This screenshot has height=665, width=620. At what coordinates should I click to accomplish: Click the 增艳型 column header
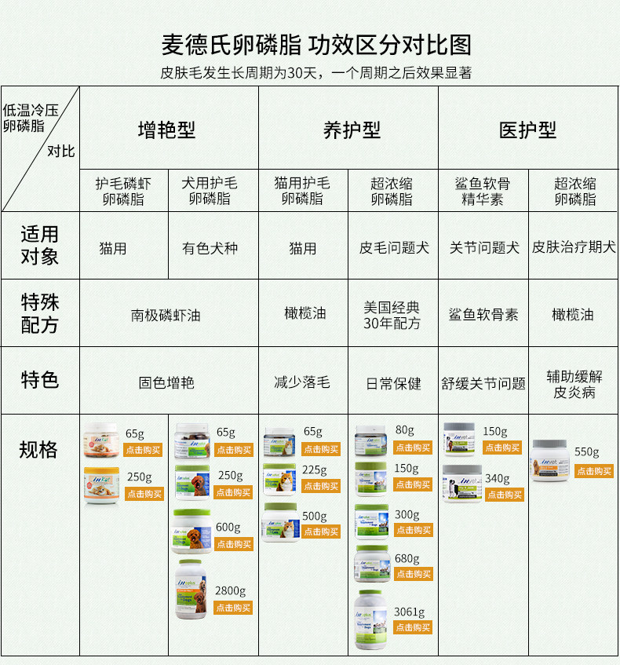166,130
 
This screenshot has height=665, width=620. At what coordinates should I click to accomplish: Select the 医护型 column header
527,130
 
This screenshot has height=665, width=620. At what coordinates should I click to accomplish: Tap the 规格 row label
39,450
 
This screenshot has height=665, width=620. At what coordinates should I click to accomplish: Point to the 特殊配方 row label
39,313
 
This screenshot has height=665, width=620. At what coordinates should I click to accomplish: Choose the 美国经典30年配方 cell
392,315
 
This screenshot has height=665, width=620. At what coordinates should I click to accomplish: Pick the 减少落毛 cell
302,382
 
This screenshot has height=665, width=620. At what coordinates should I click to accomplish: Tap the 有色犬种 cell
210,248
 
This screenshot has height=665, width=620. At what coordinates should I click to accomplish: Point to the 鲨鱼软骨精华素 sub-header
483,192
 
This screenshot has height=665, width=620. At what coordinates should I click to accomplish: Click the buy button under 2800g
233,608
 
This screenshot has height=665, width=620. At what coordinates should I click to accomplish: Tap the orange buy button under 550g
594,471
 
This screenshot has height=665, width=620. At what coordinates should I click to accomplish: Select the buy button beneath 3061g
413,627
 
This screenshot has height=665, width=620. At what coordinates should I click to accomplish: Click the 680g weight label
407,558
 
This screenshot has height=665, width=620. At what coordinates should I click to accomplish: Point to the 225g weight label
315,470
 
